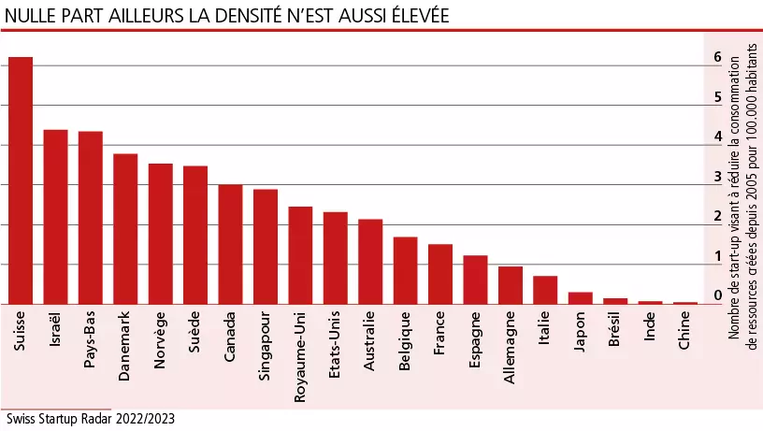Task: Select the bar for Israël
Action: coord(55,217)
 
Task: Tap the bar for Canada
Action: coord(230,244)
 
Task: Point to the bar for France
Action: coord(440,274)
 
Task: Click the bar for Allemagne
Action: coord(511,285)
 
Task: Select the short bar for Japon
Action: coord(581,298)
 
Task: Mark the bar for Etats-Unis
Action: coord(336,258)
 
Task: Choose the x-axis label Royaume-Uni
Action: coord(300,356)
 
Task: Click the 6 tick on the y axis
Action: coord(717,57)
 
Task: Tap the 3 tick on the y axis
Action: coord(717,177)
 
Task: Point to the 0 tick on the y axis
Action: coord(717,295)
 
